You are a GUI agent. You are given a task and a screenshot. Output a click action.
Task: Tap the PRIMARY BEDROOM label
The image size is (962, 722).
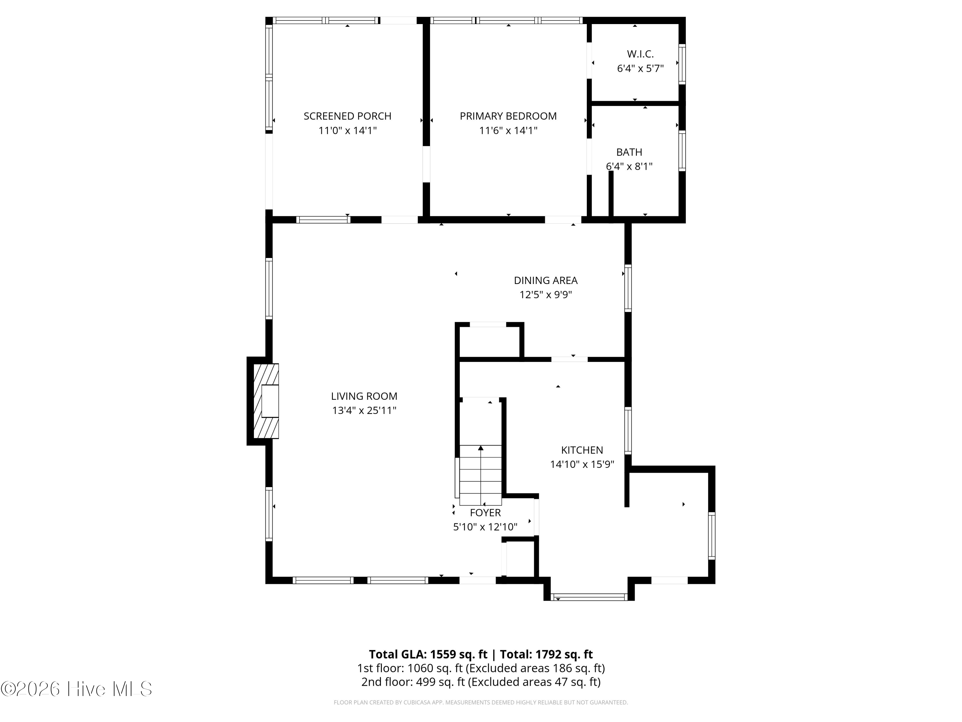tap(508, 116)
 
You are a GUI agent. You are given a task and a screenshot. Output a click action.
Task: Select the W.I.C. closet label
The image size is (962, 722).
tap(640, 54)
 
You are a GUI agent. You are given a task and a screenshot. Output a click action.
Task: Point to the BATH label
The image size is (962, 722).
tap(629, 152)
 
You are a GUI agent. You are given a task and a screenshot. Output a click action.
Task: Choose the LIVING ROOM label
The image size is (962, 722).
tap(364, 396)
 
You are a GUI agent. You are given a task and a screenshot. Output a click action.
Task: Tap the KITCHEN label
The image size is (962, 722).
tap(582, 450)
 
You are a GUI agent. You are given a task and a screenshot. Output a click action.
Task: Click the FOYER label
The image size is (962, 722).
tap(485, 513)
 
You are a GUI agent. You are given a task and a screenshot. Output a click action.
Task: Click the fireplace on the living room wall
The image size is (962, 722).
tap(264, 401)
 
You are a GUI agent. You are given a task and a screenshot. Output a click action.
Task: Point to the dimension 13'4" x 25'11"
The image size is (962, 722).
tap(364, 410)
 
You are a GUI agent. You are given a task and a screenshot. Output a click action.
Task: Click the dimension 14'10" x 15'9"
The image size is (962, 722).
tap(582, 464)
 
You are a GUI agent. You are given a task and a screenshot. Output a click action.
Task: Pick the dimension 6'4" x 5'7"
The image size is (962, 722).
tap(640, 68)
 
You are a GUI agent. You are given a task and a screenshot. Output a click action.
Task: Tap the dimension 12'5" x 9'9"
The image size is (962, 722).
tap(545, 295)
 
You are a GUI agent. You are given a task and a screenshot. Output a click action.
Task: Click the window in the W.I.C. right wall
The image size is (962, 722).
tap(682, 64)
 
